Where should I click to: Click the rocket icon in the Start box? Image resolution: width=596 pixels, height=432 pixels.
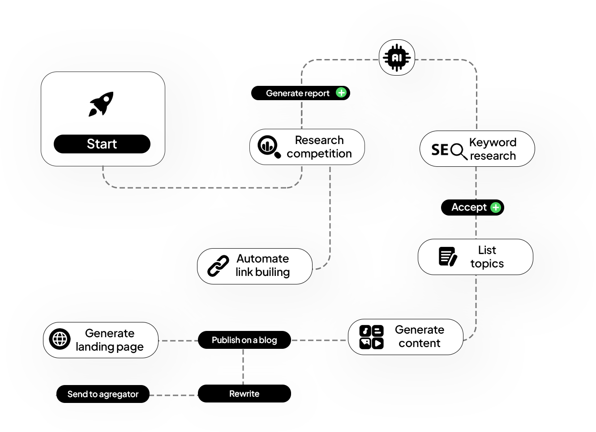101,104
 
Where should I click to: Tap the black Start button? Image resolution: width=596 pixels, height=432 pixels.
102,144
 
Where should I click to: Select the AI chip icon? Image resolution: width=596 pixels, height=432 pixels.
397,58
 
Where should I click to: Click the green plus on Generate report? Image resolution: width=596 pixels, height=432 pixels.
341,93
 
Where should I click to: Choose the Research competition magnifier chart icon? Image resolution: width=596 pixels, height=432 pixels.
269,147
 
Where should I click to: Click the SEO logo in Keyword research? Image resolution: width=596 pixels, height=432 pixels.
449,150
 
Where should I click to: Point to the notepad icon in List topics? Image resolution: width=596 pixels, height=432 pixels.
448,257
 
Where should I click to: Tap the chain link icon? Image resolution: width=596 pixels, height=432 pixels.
218,266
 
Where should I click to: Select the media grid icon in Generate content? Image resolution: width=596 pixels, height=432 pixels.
371,337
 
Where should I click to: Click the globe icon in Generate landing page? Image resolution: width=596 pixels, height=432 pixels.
60,339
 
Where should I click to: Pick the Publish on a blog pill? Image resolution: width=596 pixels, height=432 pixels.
244,340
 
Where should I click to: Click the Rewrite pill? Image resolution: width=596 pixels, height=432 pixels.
244,394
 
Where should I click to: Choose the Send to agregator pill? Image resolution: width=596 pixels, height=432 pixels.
103,394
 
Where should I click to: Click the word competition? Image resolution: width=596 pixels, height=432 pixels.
319,154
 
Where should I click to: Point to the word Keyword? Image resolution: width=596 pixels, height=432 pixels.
493,142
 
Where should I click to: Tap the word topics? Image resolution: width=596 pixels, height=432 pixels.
487,264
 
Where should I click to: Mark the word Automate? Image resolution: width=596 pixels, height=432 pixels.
263,258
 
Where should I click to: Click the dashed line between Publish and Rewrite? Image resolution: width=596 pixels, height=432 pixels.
243,367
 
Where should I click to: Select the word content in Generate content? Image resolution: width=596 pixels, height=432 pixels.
420,343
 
